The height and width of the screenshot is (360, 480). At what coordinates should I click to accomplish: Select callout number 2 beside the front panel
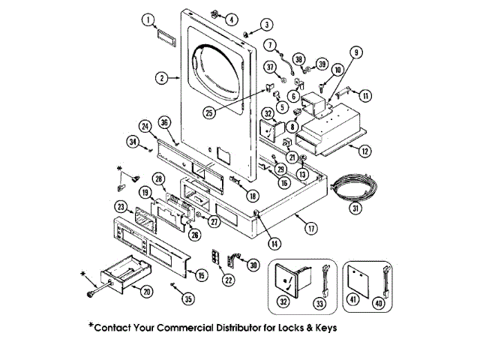(161, 76)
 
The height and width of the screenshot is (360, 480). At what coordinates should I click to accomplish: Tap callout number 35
(187, 298)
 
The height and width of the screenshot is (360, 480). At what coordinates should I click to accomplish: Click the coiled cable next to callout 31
(352, 186)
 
